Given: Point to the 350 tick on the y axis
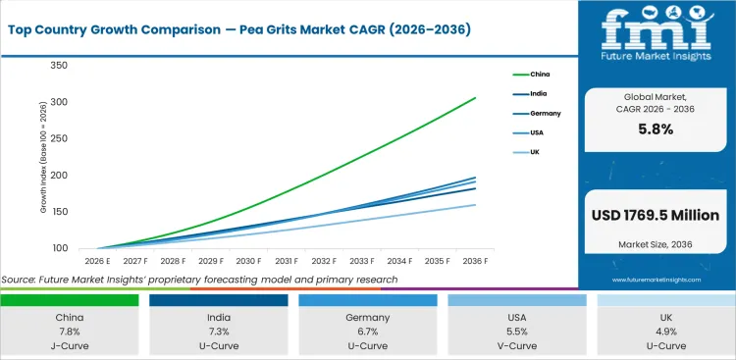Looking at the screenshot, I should click(x=58, y=66).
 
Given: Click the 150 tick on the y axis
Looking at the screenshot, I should click(x=58, y=211).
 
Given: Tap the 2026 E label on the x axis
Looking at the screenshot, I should click(x=96, y=261).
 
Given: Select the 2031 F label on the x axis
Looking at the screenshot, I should click(x=286, y=261).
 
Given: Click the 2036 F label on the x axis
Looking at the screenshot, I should click(x=476, y=261).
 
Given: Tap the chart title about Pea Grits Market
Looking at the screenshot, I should click(x=238, y=29).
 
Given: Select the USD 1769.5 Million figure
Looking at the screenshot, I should click(x=655, y=215).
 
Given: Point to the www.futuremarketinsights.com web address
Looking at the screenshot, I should click(x=655, y=280).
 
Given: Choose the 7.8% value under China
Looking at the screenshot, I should click(x=70, y=333).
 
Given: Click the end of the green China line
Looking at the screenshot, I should click(x=476, y=97).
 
